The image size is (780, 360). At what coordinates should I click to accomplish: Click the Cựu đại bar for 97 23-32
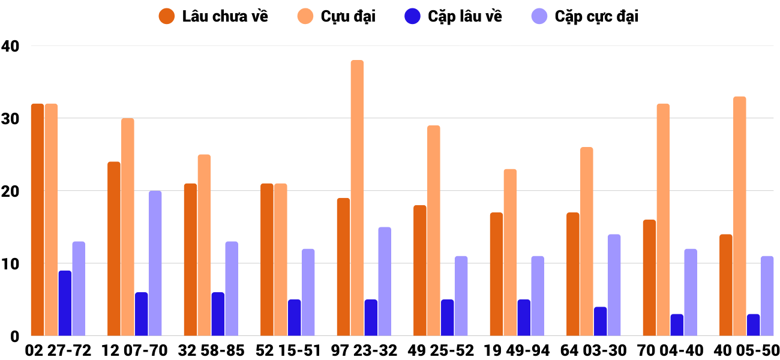[x=357, y=198]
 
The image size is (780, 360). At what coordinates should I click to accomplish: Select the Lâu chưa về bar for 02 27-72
[x=37, y=220]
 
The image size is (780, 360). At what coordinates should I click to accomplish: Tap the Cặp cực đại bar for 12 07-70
[x=155, y=263]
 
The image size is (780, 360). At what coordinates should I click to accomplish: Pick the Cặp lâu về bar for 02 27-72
[x=65, y=303]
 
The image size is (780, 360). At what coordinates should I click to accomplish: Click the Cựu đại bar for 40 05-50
[x=739, y=216]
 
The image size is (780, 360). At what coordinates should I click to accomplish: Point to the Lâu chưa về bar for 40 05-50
[x=725, y=285]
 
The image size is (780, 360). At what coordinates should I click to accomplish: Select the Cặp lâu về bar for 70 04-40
[x=677, y=325]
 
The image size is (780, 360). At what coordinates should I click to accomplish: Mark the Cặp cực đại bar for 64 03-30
[x=614, y=285]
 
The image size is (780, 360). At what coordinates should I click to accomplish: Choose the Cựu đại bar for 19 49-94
[x=510, y=253]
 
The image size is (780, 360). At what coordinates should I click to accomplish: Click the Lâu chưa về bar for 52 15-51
[x=267, y=260]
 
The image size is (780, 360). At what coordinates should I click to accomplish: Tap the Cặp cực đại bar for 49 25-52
[x=461, y=296]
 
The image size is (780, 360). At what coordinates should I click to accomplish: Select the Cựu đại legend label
[x=348, y=16]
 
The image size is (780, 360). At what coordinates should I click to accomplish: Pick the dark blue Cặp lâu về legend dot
[x=412, y=16]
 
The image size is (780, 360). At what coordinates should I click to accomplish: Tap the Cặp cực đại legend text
[x=596, y=16]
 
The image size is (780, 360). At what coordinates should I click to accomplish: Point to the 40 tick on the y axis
[x=10, y=46]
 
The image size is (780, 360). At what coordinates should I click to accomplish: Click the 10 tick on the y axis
[x=10, y=263]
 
